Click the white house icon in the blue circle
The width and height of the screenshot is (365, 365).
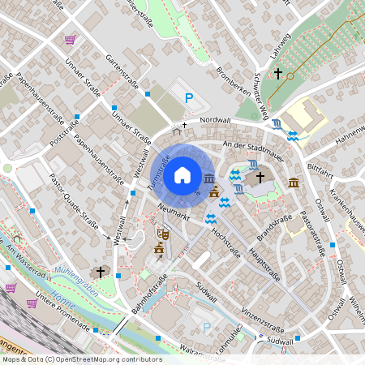click(182, 174)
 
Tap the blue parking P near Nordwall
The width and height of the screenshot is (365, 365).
click(189, 99)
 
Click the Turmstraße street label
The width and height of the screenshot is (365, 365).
click(158, 171)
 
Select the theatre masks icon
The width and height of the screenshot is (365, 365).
click(162, 233)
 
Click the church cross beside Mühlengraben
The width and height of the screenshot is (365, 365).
click(101, 271)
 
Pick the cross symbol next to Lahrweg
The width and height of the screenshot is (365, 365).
click(278, 74)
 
